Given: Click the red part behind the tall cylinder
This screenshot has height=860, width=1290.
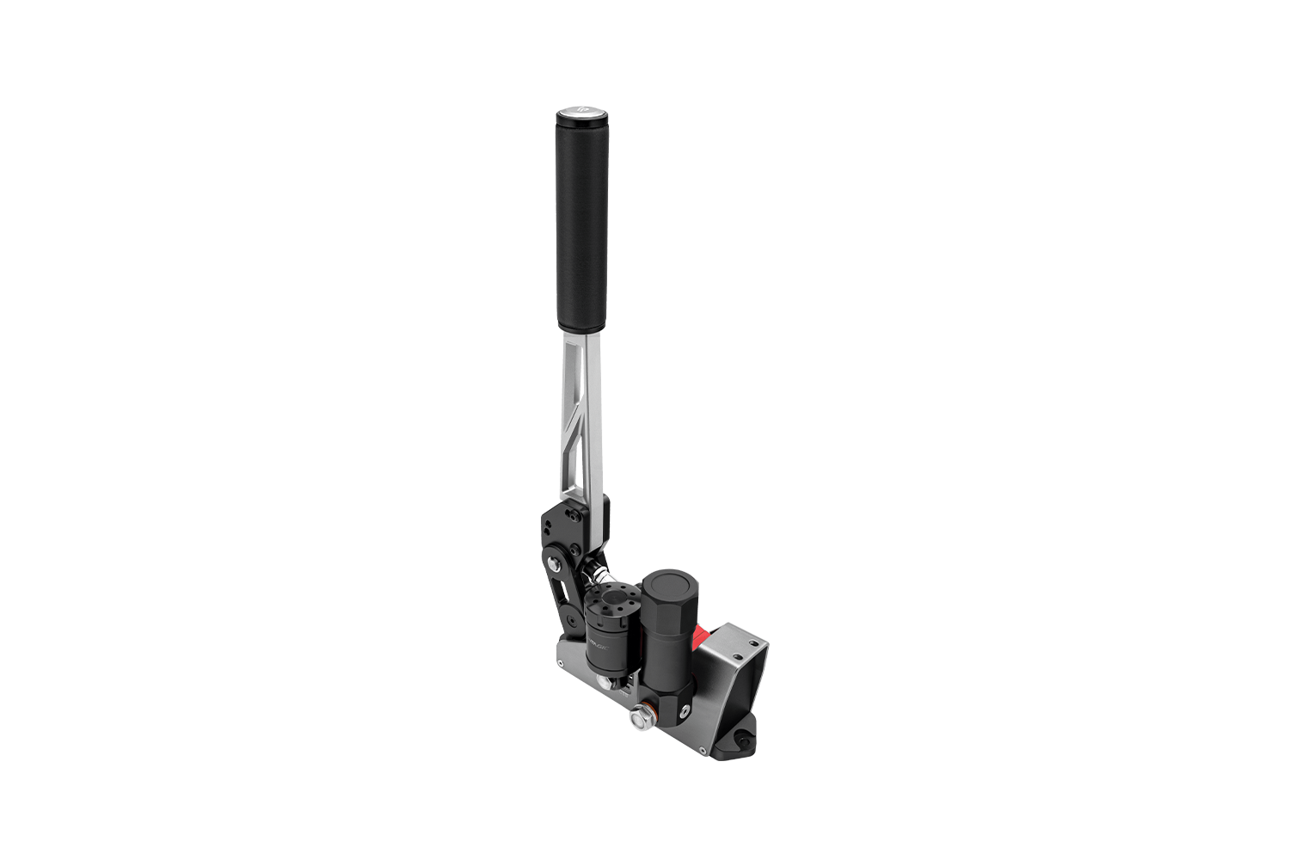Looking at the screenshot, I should [x=703, y=638].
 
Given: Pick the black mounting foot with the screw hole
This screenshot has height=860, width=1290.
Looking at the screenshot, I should [x=738, y=741].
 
